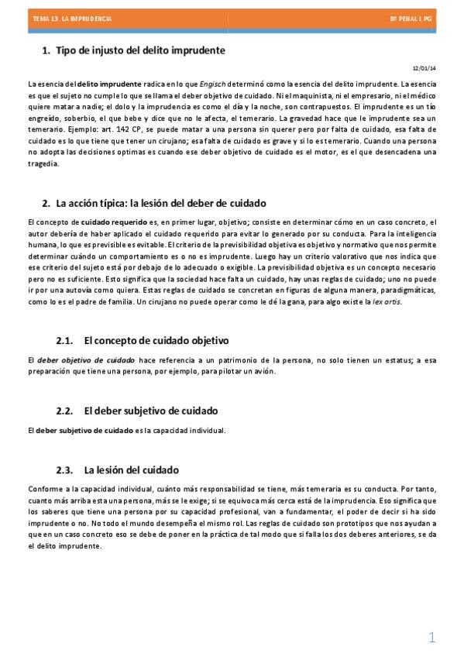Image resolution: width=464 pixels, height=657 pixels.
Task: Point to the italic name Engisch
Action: coord(213,84)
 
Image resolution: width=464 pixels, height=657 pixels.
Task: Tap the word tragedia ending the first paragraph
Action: coord(42,164)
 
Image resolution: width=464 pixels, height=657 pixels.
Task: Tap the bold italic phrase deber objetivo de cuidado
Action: coord(87,359)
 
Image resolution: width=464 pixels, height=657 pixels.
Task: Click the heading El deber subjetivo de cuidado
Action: coord(151,411)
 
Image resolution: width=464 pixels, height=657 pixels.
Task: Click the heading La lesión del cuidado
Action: coord(131,470)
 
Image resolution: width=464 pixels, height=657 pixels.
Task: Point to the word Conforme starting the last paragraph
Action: coord(43,489)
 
